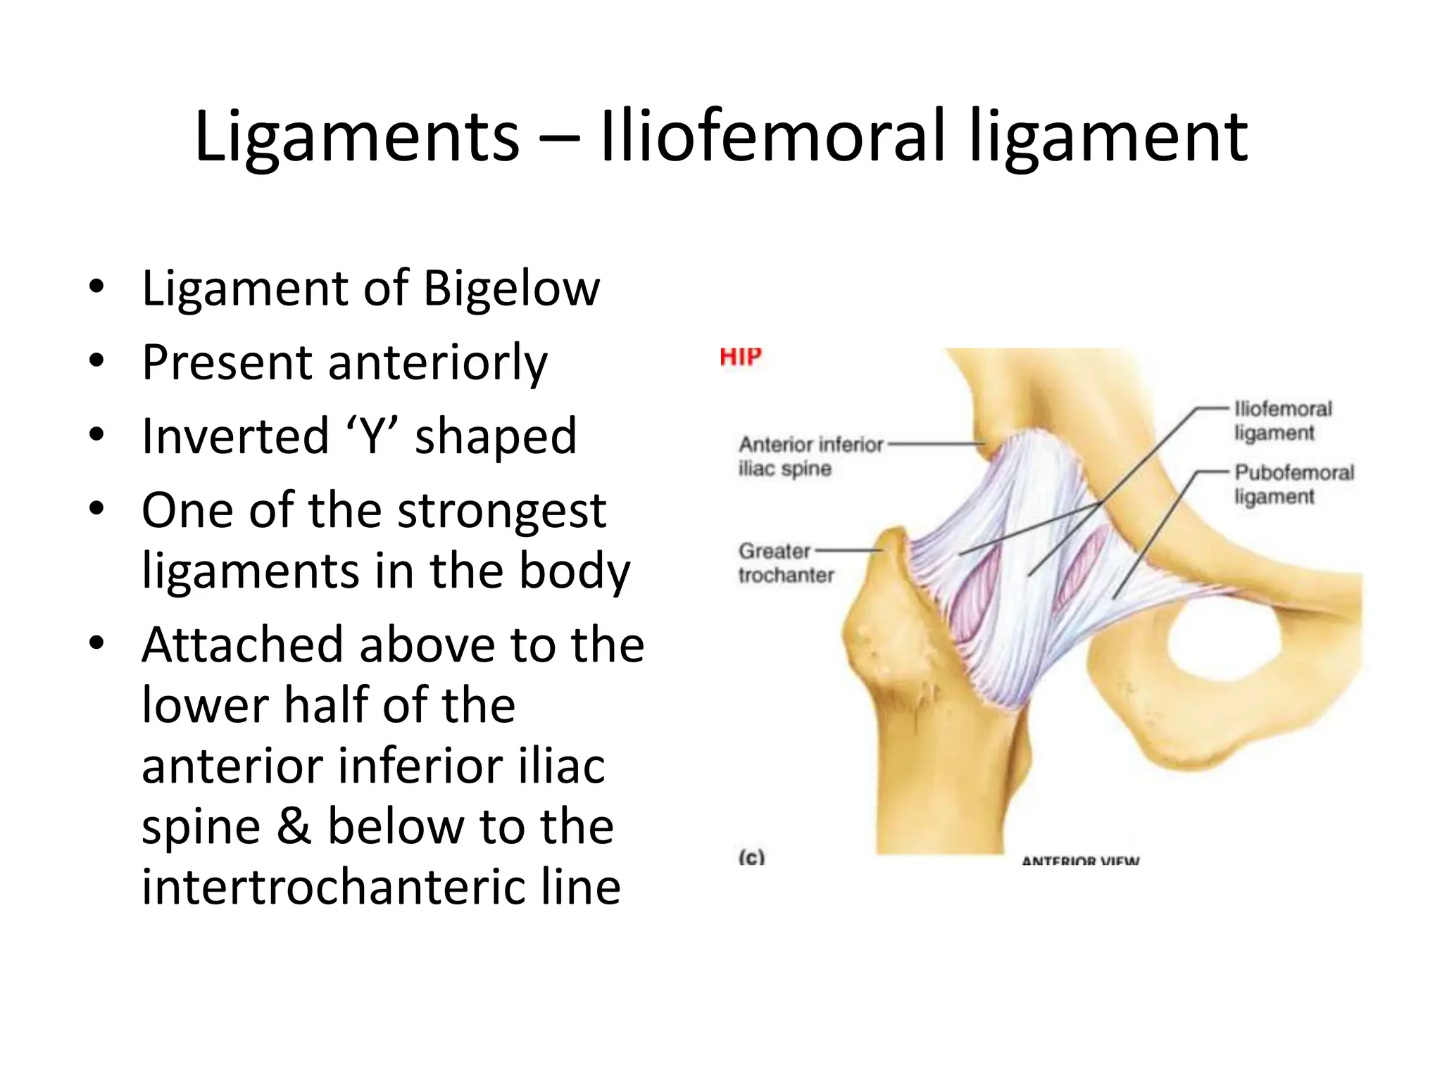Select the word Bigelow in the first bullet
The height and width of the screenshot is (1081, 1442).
point(512,288)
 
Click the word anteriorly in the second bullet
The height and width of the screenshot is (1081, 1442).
point(437,362)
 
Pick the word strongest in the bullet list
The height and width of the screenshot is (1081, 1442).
point(501,510)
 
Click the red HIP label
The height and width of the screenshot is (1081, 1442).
point(740,358)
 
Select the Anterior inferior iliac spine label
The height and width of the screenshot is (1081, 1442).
point(810,456)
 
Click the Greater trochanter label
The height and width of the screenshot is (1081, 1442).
point(784,562)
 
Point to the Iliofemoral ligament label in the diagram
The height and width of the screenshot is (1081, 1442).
point(1282,420)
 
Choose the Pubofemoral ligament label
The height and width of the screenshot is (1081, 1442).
point(1293,484)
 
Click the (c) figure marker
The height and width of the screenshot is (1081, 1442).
point(751,857)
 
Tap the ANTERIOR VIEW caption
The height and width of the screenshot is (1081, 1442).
point(1080,860)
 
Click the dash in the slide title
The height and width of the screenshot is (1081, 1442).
point(560,137)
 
